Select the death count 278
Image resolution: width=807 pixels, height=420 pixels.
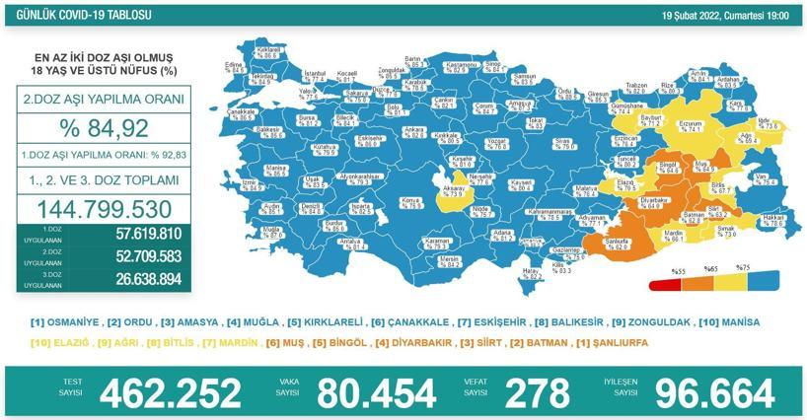click(x=536, y=392)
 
